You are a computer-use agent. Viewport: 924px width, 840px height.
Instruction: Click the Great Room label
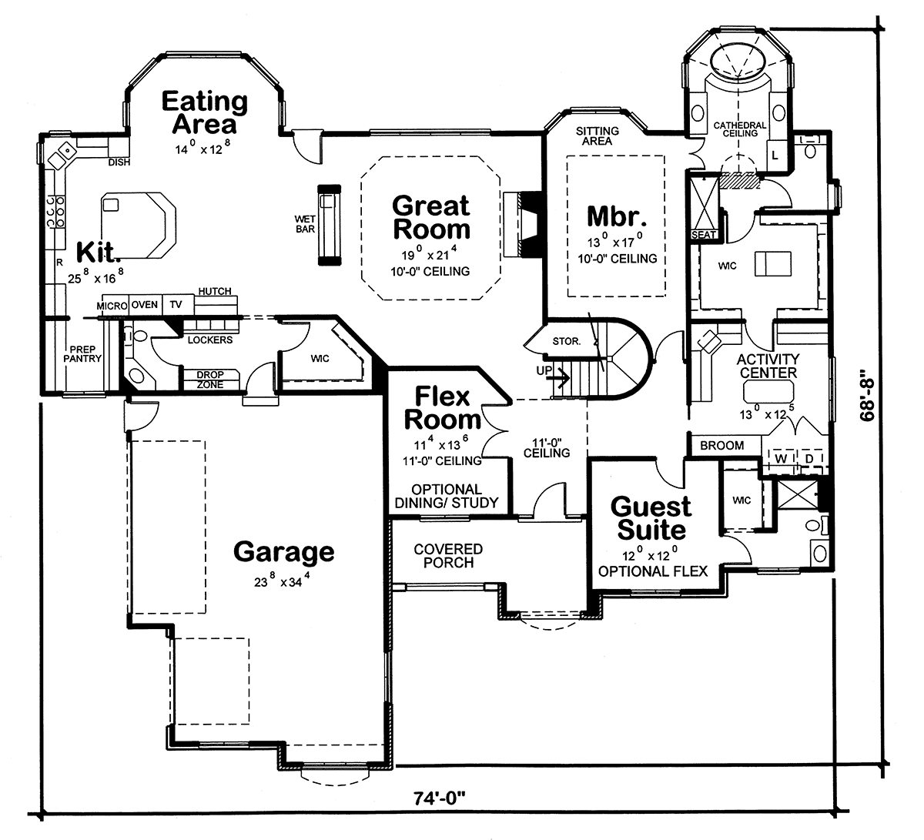pyautogui.click(x=431, y=217)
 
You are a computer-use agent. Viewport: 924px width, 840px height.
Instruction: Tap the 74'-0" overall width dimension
pyautogui.click(x=439, y=798)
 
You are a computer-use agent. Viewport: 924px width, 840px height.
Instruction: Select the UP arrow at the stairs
pyautogui.click(x=559, y=378)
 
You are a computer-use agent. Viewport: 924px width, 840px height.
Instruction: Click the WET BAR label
pyautogui.click(x=305, y=224)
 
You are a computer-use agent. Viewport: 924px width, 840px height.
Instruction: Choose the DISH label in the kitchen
pyautogui.click(x=119, y=162)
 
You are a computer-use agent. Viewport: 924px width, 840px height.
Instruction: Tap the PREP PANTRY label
pyautogui.click(x=82, y=354)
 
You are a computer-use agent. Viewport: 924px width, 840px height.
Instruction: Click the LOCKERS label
pyautogui.click(x=210, y=340)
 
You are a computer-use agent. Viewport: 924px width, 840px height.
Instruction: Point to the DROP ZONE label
pyautogui.click(x=210, y=380)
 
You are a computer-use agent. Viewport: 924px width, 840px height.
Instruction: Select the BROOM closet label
pyautogui.click(x=721, y=446)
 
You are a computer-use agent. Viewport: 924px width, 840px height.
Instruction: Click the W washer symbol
pyautogui.click(x=781, y=458)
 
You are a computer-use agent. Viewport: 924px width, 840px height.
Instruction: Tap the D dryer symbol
pyautogui.click(x=809, y=458)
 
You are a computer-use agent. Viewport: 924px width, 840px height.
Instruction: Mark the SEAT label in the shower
pyautogui.click(x=703, y=235)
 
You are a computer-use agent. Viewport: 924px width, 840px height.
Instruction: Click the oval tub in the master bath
pyautogui.click(x=738, y=62)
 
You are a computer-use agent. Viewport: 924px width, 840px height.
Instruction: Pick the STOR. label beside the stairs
pyautogui.click(x=567, y=341)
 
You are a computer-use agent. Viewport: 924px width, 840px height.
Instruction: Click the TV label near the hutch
pyautogui.click(x=176, y=305)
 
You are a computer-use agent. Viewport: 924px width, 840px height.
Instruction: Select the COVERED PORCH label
pyautogui.click(x=448, y=556)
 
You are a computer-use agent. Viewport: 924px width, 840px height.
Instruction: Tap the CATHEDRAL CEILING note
pyautogui.click(x=740, y=129)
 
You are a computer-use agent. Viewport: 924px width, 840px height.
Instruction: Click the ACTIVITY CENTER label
pyautogui.click(x=768, y=366)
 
